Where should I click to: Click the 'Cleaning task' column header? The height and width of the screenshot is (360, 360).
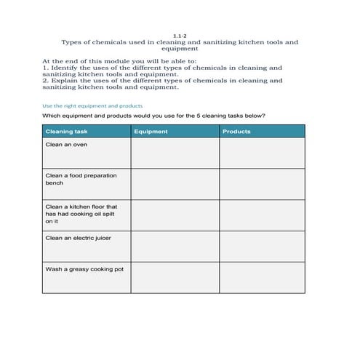pyautogui.click(x=66, y=132)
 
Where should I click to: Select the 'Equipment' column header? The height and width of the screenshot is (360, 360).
pyautogui.click(x=151, y=132)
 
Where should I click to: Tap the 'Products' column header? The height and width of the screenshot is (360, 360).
pyautogui.click(x=236, y=132)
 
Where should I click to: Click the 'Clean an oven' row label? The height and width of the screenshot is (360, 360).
pyautogui.click(x=66, y=145)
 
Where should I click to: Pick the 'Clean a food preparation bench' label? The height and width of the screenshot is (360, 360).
pyautogui.click(x=81, y=179)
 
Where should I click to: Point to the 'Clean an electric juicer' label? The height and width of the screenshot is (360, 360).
pyautogui.click(x=78, y=238)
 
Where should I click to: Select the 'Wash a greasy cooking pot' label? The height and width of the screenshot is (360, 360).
pyautogui.click(x=84, y=268)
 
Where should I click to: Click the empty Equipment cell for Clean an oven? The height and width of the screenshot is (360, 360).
pyautogui.click(x=175, y=153)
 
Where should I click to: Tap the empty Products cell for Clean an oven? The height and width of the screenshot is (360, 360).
pyautogui.click(x=262, y=153)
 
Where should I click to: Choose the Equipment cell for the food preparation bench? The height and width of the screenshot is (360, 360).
pyautogui.click(x=175, y=184)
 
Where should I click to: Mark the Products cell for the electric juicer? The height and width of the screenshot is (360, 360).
pyautogui.click(x=262, y=246)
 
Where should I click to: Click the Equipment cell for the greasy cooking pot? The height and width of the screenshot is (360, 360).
pyautogui.click(x=175, y=277)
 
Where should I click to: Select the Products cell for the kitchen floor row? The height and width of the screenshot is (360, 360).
pyautogui.click(x=262, y=215)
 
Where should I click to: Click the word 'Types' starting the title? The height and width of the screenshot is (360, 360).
pyautogui.click(x=71, y=42)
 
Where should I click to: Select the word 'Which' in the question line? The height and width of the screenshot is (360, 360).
pyautogui.click(x=52, y=116)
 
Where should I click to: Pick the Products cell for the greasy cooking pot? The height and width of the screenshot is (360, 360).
pyautogui.click(x=262, y=277)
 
